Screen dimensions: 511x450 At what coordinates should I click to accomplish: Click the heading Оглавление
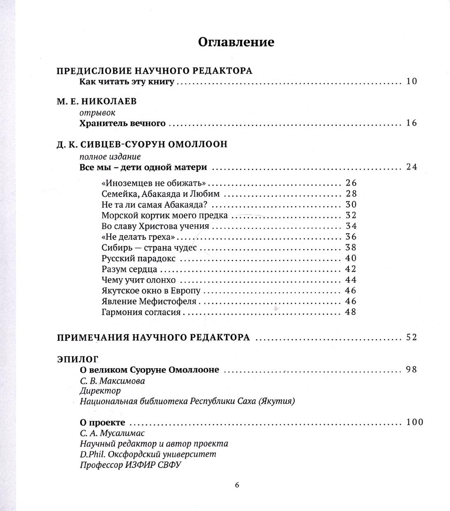[x=236, y=42]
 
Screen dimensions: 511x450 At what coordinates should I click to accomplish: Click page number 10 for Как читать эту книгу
[x=411, y=81]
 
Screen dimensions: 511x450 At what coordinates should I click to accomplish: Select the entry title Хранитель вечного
[x=122, y=123]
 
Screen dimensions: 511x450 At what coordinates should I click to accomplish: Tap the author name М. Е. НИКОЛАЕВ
[x=96, y=102]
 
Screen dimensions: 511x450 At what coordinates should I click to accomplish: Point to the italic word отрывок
[x=97, y=112]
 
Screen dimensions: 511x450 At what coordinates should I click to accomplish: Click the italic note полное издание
[x=110, y=156]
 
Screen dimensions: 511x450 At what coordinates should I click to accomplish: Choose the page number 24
[x=411, y=167]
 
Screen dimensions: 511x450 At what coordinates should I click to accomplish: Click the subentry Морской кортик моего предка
[x=164, y=215]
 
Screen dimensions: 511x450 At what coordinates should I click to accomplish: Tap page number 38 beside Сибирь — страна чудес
[x=351, y=248]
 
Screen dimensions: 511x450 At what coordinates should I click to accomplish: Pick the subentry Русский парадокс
[x=138, y=258]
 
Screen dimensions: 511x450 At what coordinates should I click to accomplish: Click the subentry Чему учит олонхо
[x=139, y=280]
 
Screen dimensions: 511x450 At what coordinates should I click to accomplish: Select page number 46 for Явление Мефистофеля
[x=351, y=301]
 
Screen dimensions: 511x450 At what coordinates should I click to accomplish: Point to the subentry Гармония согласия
[x=141, y=312]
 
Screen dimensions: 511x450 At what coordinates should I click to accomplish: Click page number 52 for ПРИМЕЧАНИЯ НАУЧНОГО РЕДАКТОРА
[x=411, y=337]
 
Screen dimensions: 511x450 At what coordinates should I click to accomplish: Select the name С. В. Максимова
[x=112, y=381]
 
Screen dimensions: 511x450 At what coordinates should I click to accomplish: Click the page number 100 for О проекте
[x=414, y=422]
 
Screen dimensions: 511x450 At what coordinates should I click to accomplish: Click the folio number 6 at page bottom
[x=237, y=485]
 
